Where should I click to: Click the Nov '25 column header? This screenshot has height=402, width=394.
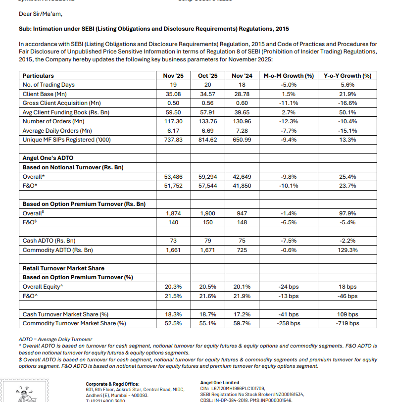click(173, 76)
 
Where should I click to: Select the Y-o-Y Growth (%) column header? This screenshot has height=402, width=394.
click(347, 76)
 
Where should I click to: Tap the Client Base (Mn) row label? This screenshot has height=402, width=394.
click(45, 94)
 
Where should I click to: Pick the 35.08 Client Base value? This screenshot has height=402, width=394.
click(173, 94)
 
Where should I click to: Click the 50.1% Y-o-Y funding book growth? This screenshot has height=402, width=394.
click(347, 112)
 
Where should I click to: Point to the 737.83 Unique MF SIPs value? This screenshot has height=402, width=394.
click(173, 140)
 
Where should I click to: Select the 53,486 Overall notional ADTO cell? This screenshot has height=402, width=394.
click(173, 177)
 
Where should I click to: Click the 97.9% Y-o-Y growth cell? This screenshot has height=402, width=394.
click(347, 213)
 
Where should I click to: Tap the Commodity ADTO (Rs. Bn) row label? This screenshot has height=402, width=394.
click(58, 250)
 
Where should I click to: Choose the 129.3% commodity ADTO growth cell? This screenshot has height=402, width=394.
click(347, 250)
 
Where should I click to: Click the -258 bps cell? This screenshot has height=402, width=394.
click(289, 323)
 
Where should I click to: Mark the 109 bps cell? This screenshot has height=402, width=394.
click(347, 314)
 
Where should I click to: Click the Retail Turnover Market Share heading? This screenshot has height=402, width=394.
click(63, 268)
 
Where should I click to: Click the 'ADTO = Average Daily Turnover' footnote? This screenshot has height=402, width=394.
click(55, 339)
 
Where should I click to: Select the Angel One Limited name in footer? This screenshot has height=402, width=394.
click(219, 383)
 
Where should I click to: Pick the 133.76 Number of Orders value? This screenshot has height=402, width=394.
click(207, 121)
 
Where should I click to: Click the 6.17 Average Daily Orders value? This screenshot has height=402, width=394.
click(173, 131)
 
